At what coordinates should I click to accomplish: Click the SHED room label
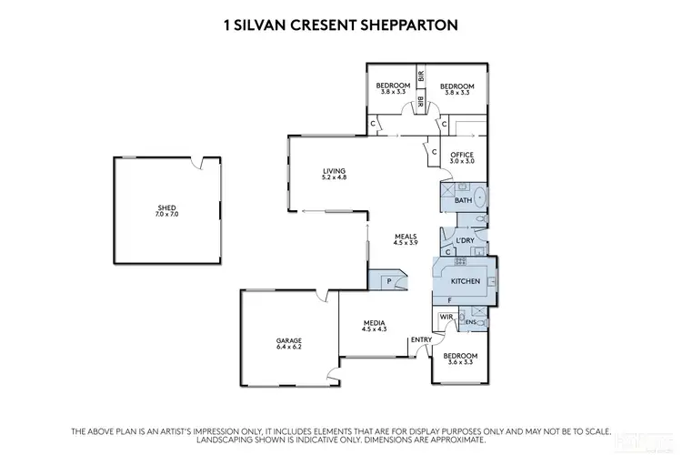pyautogui.click(x=166, y=207)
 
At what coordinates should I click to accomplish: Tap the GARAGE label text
pyautogui.click(x=289, y=341)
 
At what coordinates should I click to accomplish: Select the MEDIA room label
pyautogui.click(x=374, y=323)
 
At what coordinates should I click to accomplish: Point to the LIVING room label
pyautogui.click(x=334, y=170)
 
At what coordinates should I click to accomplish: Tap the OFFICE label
pyautogui.click(x=462, y=155)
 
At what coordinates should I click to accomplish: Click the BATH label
pyautogui.click(x=463, y=200)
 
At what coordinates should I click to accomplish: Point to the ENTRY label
pyautogui.click(x=421, y=340)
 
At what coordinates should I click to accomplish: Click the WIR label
pyautogui.click(x=446, y=317)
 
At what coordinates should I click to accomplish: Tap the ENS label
pyautogui.click(x=471, y=322)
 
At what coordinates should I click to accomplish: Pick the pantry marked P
pyautogui.click(x=389, y=281)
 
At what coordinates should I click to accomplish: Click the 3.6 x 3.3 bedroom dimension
pyautogui.click(x=459, y=362)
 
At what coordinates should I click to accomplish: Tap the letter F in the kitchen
pyautogui.click(x=449, y=299)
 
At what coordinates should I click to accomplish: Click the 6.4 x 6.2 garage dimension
pyautogui.click(x=289, y=348)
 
